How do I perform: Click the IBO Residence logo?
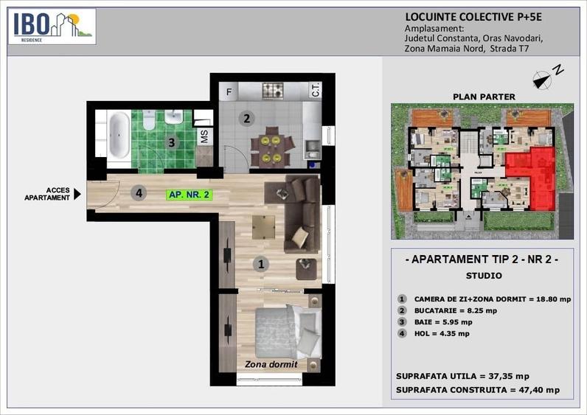[x=52, y=27]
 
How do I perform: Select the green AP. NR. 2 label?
[x=190, y=195]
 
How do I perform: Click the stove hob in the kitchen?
[x=274, y=91]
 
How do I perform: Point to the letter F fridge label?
[x=229, y=92]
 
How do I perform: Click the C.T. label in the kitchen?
[x=316, y=91]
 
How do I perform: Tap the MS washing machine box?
[x=205, y=136]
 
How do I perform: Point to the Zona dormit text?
[x=271, y=365]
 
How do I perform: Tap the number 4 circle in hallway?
[x=139, y=194]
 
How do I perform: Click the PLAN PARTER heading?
[x=483, y=97]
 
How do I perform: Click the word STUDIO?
[x=483, y=276]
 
